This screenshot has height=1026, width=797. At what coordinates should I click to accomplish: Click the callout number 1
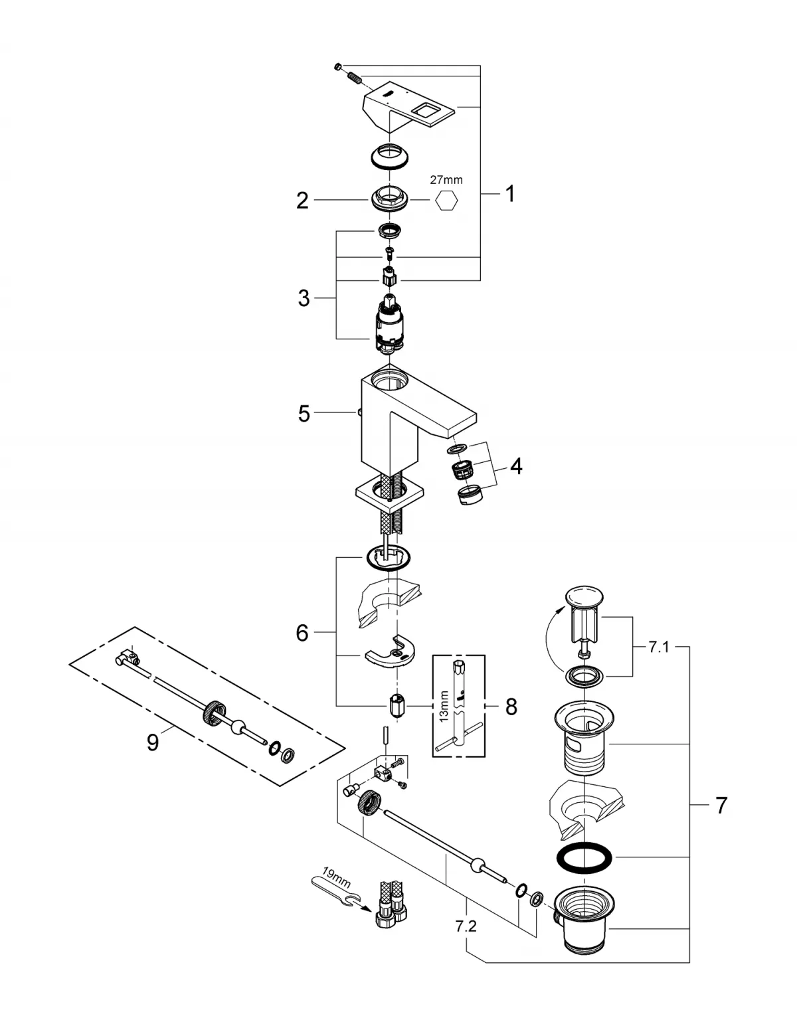coord(509,194)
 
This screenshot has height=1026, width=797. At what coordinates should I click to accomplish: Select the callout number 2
coord(302,201)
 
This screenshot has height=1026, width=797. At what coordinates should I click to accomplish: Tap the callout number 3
coord(304,298)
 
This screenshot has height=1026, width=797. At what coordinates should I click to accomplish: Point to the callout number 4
coord(515,466)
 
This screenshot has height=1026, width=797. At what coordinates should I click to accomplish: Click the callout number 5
coord(304,414)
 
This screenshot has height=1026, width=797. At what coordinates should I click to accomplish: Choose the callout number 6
coord(302,633)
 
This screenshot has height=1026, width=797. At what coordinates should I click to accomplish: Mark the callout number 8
coord(510,706)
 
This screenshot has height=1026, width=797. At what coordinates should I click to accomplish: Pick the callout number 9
coord(153,742)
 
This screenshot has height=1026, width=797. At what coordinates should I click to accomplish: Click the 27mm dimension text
coord(447,179)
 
